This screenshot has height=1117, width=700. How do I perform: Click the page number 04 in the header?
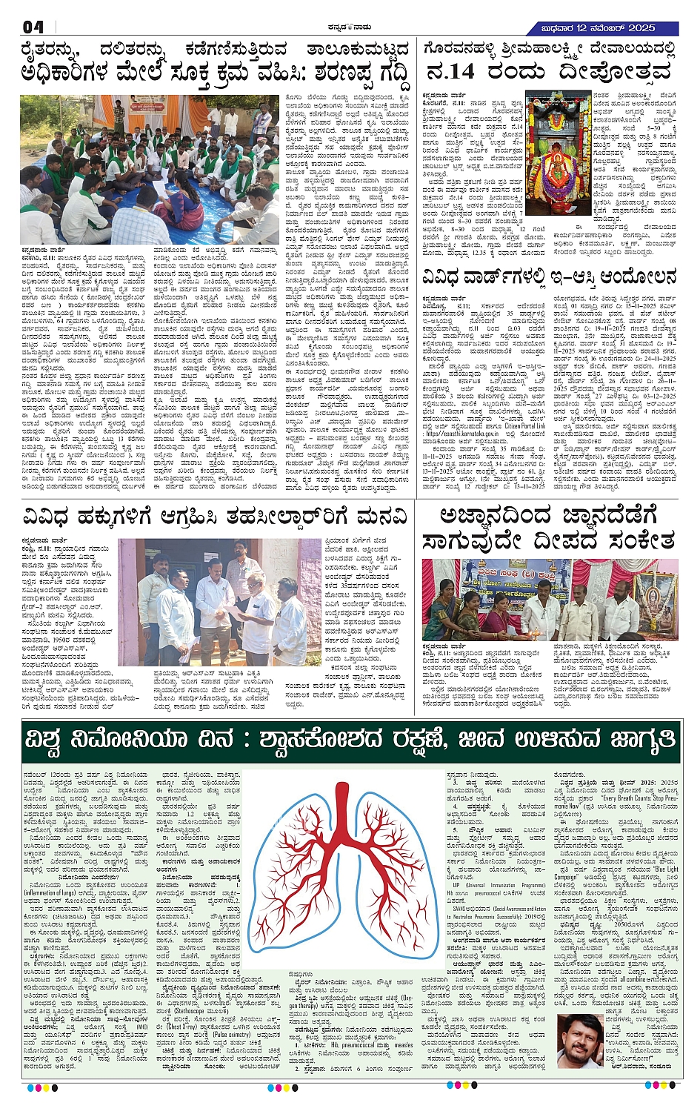click(33, 27)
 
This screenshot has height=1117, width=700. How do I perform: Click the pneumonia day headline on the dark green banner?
click(350, 739)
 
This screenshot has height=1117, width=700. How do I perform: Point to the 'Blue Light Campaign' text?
click(652, 872)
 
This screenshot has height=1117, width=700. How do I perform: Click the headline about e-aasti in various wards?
click(550, 278)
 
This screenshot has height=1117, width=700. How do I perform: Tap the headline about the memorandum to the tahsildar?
click(215, 516)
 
